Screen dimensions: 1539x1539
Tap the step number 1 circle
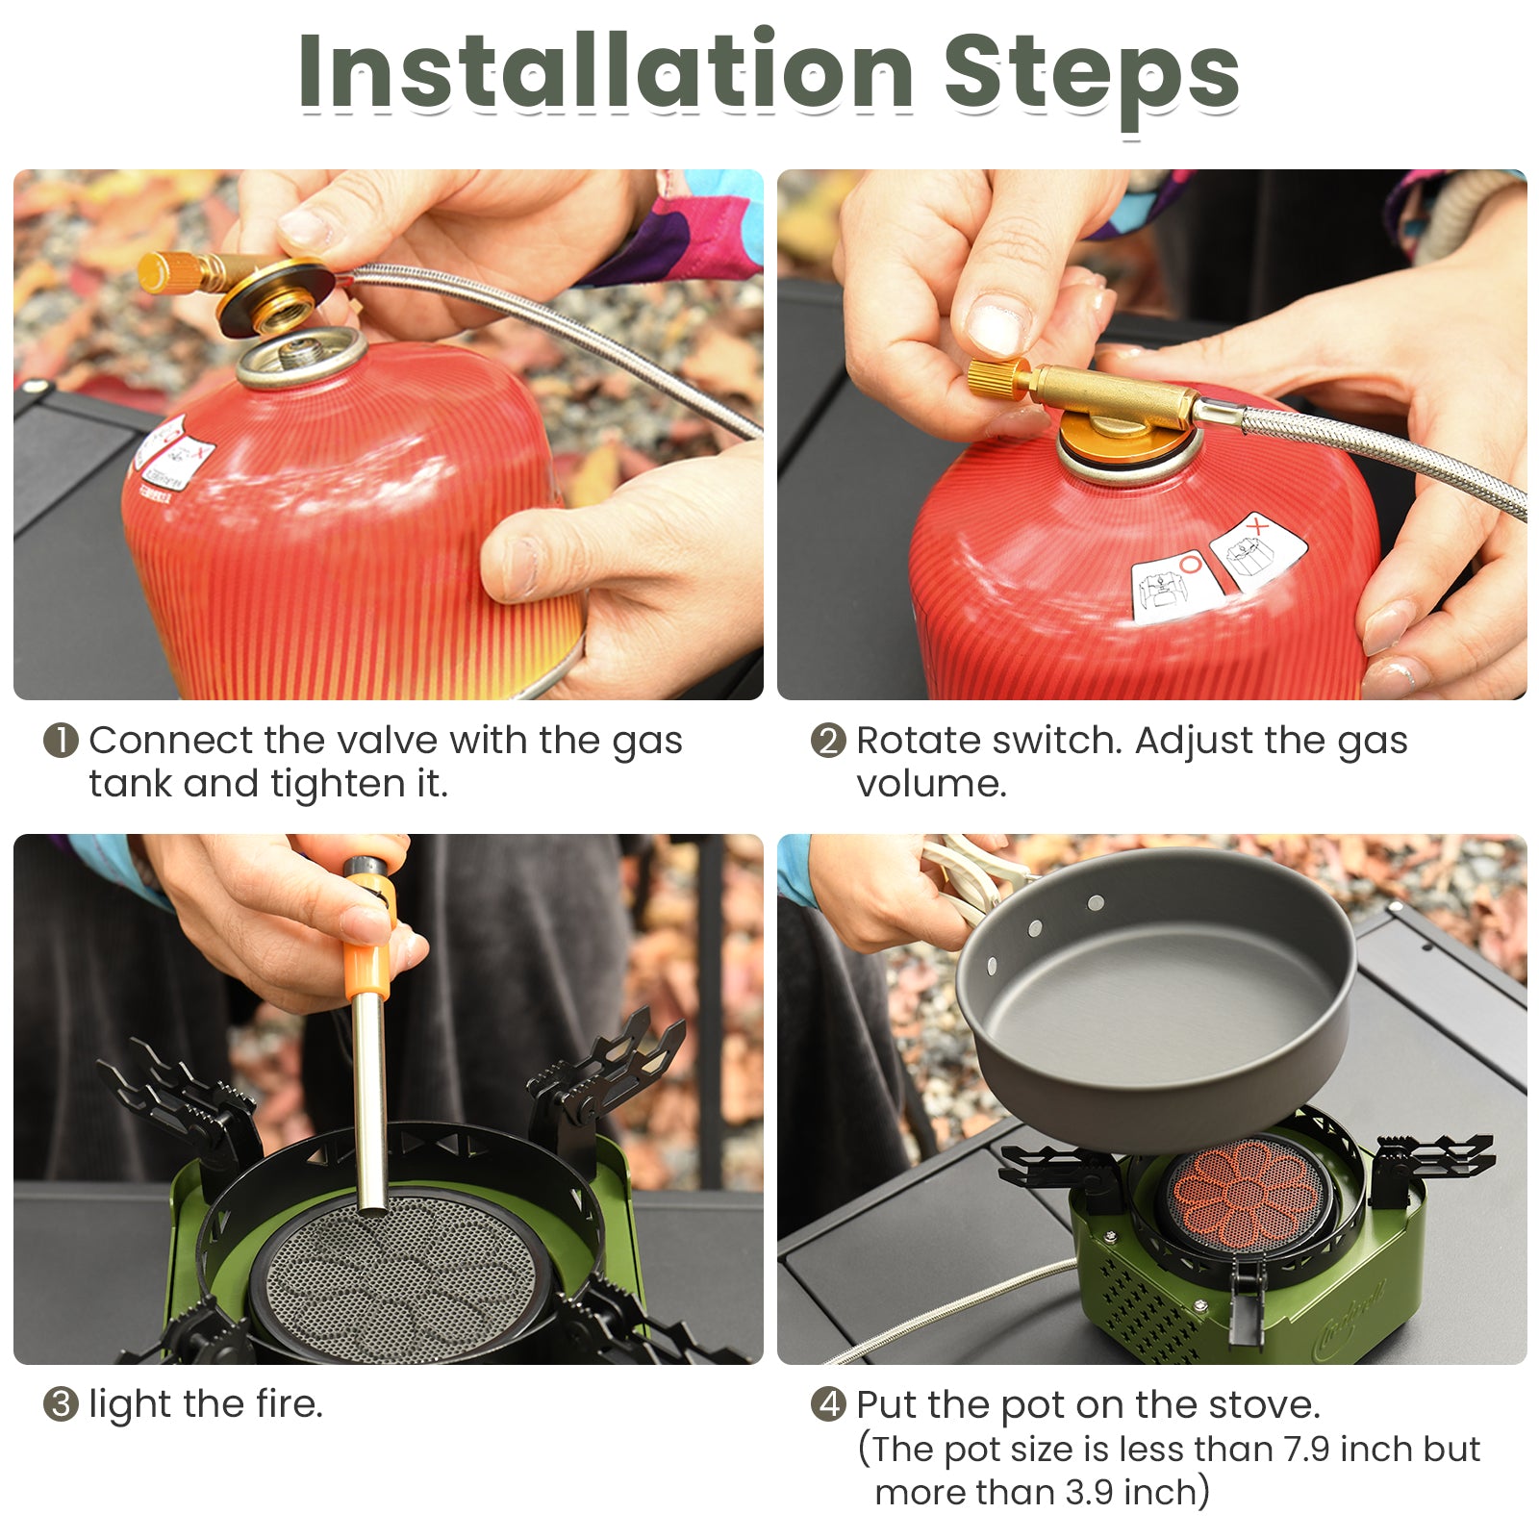60,741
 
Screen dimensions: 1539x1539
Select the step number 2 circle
827,741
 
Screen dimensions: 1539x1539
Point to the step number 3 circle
60,1404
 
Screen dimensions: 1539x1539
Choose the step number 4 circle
827,1404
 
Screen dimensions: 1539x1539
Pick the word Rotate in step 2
919,741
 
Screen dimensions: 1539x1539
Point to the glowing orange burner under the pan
1249,1193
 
